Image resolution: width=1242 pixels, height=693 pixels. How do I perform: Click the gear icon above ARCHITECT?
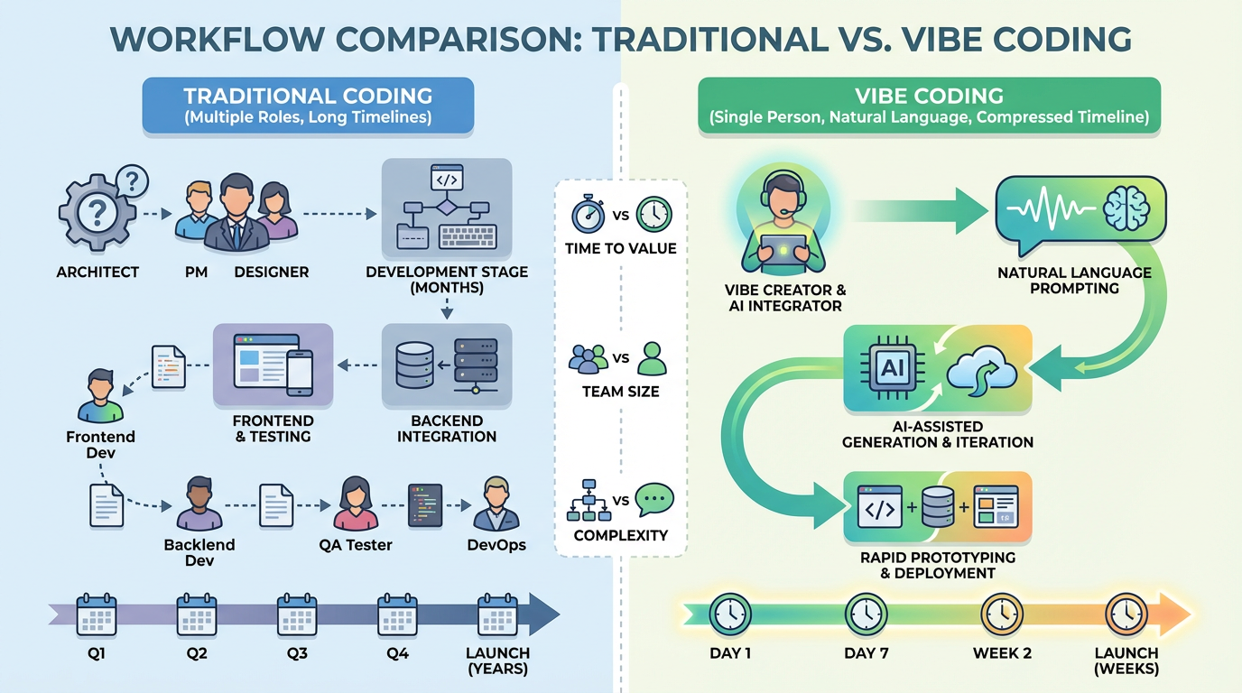pos(97,214)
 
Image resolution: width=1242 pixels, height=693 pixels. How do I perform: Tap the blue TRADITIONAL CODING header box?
pos(308,106)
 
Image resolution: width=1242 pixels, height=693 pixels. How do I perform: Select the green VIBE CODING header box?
pos(929,106)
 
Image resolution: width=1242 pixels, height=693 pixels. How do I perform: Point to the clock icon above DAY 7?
pos(866,614)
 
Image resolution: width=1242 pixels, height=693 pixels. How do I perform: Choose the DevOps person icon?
pos(496,505)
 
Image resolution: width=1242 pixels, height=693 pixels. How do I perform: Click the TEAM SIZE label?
pos(621,392)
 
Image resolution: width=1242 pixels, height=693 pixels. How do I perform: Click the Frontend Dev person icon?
pos(99,397)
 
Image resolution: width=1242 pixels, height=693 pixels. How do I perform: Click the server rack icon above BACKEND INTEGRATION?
pos(475,366)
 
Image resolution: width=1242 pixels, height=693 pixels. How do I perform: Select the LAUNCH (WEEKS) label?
pos(1126,661)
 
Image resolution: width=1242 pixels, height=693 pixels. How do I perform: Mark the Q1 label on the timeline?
pos(97,653)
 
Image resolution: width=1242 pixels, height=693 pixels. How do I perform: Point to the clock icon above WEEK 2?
pos(1001,614)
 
